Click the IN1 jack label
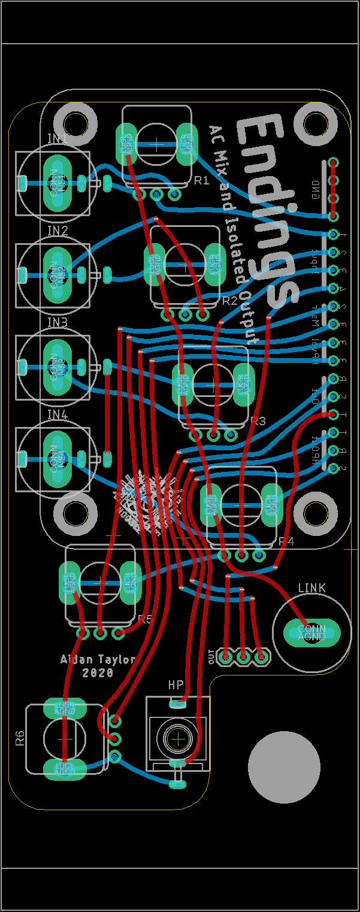(x=58, y=139)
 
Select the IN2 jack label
(x=58, y=231)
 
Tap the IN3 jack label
(x=58, y=323)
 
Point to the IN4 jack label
(x=58, y=414)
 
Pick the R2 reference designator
(x=229, y=301)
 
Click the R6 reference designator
(x=20, y=738)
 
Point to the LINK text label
(x=311, y=588)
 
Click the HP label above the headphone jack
(x=176, y=684)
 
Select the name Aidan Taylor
(x=98, y=659)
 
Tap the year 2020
(x=98, y=673)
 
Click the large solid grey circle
(x=284, y=766)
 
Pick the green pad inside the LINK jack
(x=311, y=632)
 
